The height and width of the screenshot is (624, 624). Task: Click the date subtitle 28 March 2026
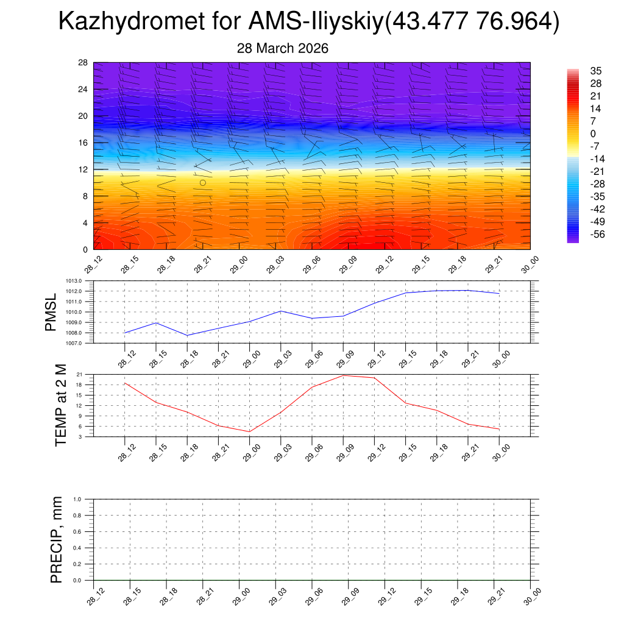tap(283, 49)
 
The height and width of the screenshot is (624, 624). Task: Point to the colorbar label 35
tap(596, 71)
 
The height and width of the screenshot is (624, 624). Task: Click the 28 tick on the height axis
tap(83, 63)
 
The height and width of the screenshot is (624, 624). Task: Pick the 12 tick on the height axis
tap(83, 169)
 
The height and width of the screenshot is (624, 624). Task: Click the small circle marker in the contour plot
tap(203, 182)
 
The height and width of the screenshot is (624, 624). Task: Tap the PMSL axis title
tap(51, 312)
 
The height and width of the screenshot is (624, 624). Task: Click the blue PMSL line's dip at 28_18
tap(187, 335)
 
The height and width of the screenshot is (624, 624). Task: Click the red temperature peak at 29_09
tap(343, 375)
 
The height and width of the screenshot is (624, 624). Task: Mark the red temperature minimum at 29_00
tap(250, 431)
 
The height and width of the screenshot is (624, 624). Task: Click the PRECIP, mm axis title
tap(57, 540)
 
